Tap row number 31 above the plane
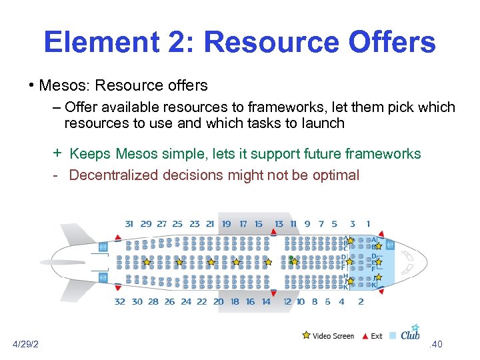pyautogui.click(x=129, y=224)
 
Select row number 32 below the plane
pyautogui.click(x=120, y=301)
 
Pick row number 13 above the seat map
pyautogui.click(x=279, y=224)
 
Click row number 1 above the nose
pyautogui.click(x=368, y=224)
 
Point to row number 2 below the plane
pyautogui.click(x=361, y=301)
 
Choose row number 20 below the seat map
pyautogui.click(x=218, y=301)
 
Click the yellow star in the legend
pyautogui.click(x=306, y=335)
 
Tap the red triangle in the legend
pyautogui.click(x=365, y=335)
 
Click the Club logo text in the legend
pyautogui.click(x=410, y=334)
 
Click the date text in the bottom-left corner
pyautogui.click(x=25, y=344)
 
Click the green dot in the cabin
pyautogui.click(x=291, y=258)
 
